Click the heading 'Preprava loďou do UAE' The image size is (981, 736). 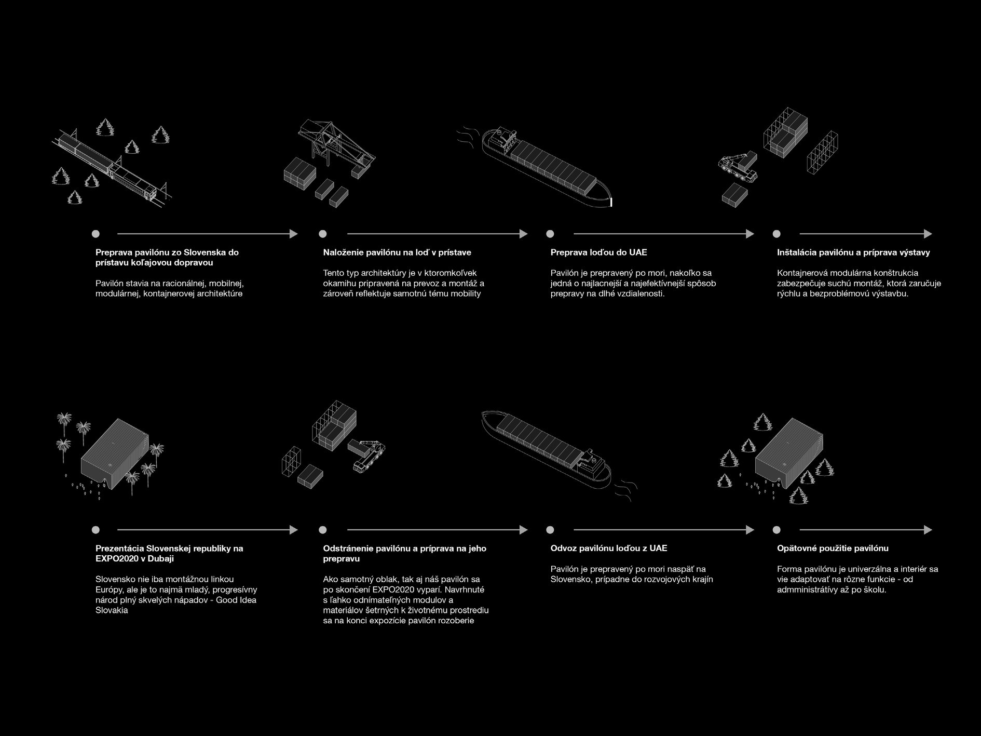598,252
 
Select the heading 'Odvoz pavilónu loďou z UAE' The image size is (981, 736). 609,548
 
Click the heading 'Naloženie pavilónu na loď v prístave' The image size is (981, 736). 397,252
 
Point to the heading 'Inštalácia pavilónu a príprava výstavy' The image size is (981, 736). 853,252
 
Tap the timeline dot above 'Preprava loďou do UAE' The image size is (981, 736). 550,234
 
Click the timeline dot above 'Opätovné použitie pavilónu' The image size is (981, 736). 776,530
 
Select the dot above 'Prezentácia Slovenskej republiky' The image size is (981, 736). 96,530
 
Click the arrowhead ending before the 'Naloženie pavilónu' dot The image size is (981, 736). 294,234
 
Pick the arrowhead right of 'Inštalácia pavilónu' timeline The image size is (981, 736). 928,234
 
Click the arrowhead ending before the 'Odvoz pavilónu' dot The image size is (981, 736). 523,530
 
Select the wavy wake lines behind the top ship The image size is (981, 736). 465,136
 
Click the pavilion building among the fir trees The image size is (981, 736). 789,451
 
